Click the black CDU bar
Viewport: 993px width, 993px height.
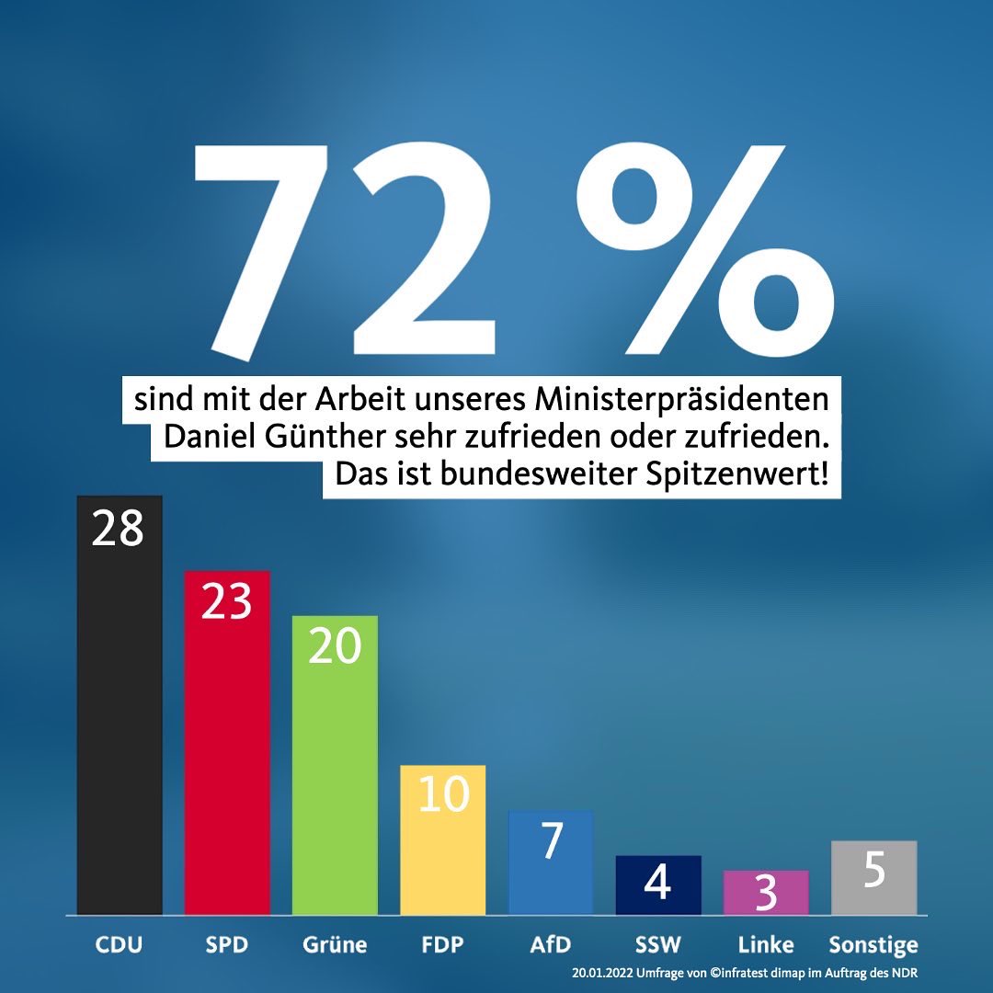(x=120, y=717)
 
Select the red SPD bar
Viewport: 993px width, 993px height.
(x=227, y=754)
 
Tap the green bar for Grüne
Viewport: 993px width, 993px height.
(x=335, y=772)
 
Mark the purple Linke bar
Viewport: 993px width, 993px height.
(x=765, y=893)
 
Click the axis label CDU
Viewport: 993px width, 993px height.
(x=120, y=944)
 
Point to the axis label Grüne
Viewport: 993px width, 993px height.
(x=335, y=944)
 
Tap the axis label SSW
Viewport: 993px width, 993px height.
(x=657, y=944)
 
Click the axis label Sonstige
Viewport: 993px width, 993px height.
(x=873, y=944)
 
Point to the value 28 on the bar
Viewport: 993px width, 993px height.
(x=118, y=531)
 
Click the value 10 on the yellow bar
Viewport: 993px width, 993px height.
(x=443, y=795)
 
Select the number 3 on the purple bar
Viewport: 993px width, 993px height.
(x=766, y=895)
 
